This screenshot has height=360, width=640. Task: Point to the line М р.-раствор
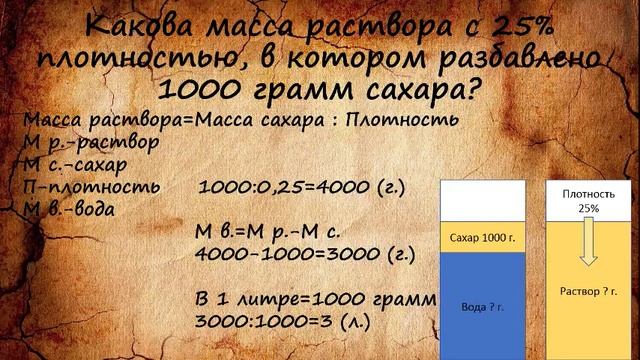(89, 141)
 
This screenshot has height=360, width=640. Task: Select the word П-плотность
(90, 187)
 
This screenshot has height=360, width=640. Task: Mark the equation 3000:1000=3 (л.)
(299, 322)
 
